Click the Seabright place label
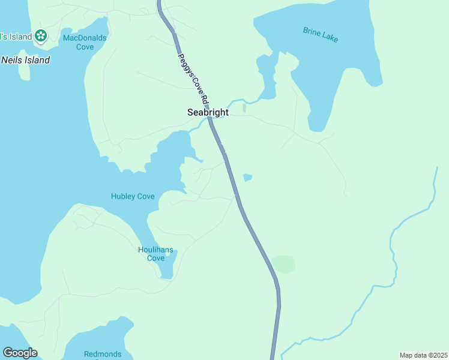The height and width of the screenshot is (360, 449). click(208, 112)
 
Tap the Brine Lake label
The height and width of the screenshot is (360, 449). click(321, 35)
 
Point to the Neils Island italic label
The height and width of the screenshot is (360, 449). click(25, 60)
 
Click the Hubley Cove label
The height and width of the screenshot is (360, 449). click(133, 196)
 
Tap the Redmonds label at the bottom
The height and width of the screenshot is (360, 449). click(103, 354)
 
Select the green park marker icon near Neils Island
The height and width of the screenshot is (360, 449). click(41, 36)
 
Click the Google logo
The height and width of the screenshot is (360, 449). click(20, 353)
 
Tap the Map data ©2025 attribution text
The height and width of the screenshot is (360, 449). click(423, 355)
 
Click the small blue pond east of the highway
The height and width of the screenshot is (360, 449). click(247, 177)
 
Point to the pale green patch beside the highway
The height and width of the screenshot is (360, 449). click(283, 264)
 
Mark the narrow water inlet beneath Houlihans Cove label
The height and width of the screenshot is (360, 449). click(167, 270)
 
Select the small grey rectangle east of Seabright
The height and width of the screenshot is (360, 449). click(244, 108)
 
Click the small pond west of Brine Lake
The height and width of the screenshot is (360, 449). click(264, 63)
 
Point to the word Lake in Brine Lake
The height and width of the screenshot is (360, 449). click(330, 37)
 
